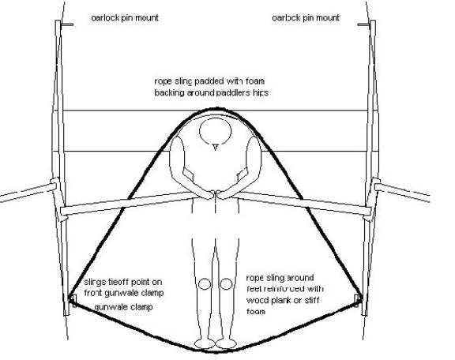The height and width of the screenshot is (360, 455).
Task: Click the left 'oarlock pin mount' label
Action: [x=125, y=18]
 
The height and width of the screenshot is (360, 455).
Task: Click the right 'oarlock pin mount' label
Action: [x=306, y=18]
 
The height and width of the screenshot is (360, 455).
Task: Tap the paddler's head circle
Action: [x=216, y=130]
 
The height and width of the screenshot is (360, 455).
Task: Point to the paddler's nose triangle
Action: [x=215, y=148]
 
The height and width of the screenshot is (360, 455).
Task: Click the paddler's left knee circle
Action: [x=205, y=284]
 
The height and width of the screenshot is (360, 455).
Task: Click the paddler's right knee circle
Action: [x=226, y=284]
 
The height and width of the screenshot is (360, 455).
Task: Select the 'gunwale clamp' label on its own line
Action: [x=124, y=307]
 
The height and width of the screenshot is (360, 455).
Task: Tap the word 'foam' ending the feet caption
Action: [x=256, y=312]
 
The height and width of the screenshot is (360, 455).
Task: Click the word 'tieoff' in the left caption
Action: [x=119, y=282]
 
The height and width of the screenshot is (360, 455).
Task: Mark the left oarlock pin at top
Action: [x=67, y=24]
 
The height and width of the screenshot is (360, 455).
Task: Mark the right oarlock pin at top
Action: [x=363, y=24]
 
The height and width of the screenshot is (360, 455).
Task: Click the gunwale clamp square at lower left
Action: [x=73, y=301]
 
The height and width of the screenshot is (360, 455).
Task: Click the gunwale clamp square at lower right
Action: [x=357, y=301]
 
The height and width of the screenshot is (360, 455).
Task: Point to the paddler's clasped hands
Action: [x=215, y=195]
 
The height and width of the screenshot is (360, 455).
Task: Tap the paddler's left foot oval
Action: [x=205, y=343]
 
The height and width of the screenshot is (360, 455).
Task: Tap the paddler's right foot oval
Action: [x=226, y=343]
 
